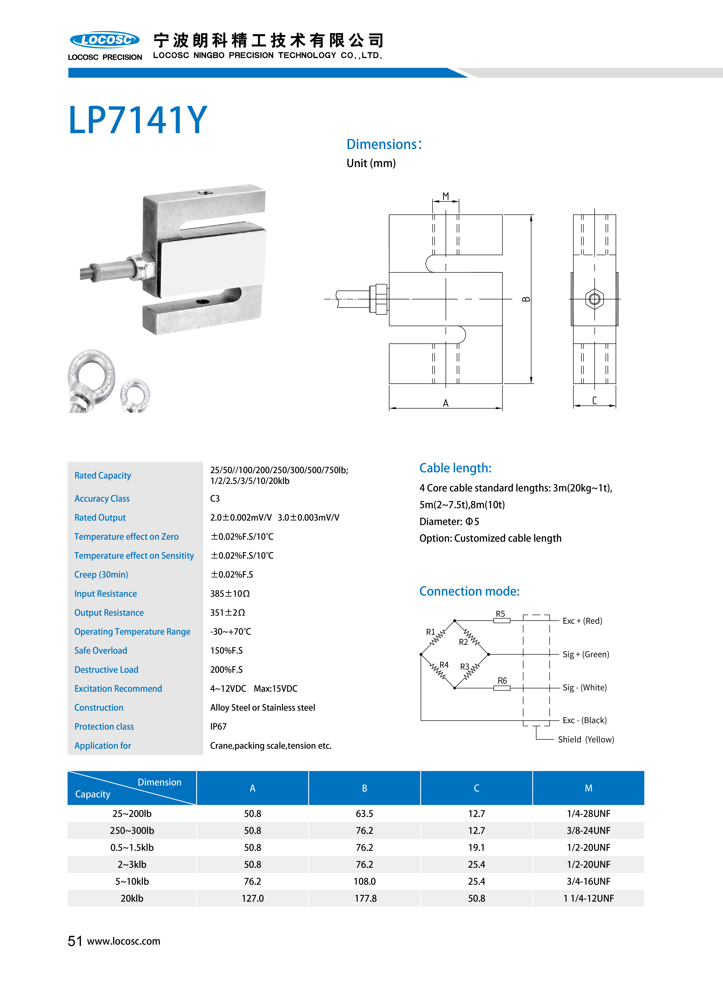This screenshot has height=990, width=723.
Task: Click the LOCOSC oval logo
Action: click(x=105, y=40)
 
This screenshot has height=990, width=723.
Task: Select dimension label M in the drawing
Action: click(x=445, y=196)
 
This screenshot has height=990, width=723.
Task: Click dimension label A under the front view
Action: click(x=445, y=403)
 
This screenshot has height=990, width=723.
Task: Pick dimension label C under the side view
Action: click(x=594, y=400)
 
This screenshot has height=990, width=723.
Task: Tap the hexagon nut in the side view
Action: click(x=594, y=299)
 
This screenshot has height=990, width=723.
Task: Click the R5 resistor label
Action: click(x=500, y=614)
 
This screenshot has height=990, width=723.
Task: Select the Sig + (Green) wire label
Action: click(x=586, y=654)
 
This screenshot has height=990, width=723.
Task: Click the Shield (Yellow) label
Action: click(x=586, y=739)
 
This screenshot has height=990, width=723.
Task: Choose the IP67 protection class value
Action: click(x=218, y=727)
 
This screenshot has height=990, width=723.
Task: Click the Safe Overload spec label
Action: click(x=101, y=651)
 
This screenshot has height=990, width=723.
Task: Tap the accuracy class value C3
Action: click(x=215, y=499)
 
